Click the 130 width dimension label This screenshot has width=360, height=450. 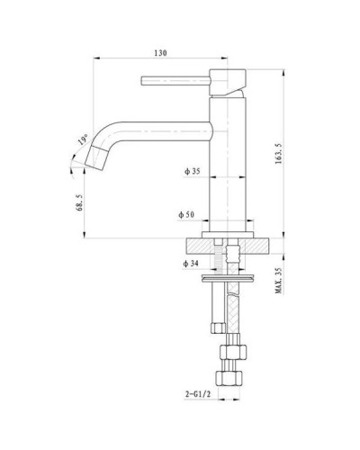(159, 53)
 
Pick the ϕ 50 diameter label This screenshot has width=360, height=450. (186, 215)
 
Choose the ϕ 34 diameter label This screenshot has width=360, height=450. (190, 264)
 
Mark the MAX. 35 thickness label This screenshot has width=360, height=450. (279, 281)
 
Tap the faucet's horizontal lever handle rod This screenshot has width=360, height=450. (175, 82)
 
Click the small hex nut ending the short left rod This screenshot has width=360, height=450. (214, 324)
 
